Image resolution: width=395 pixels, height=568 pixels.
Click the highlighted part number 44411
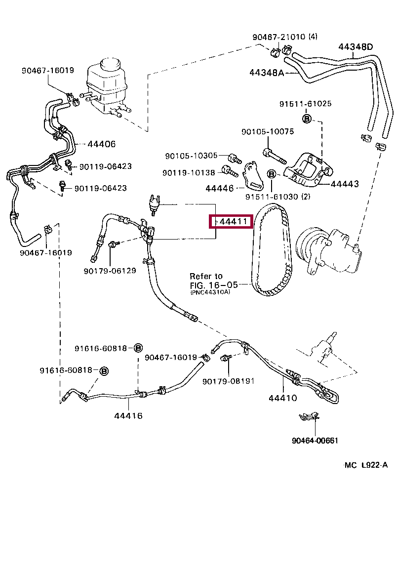click(x=233, y=222)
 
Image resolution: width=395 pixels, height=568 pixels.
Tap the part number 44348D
click(x=355, y=47)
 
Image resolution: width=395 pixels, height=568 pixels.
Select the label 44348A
click(x=267, y=73)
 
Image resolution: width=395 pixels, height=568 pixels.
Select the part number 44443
click(x=344, y=184)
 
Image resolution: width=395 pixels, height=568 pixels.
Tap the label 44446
click(x=220, y=188)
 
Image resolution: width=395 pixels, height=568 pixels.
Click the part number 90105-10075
click(x=268, y=132)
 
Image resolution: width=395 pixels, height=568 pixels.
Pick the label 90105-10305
click(x=191, y=156)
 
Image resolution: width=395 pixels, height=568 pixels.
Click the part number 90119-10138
click(x=189, y=173)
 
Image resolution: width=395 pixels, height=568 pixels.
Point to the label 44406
click(x=101, y=144)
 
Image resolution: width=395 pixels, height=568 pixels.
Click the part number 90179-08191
click(x=228, y=381)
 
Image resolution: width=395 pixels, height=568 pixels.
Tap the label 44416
click(x=128, y=415)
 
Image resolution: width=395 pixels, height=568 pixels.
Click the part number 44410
click(x=282, y=398)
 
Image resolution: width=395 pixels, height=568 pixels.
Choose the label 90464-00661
click(x=315, y=441)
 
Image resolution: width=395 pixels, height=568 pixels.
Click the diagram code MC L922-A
click(x=366, y=465)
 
